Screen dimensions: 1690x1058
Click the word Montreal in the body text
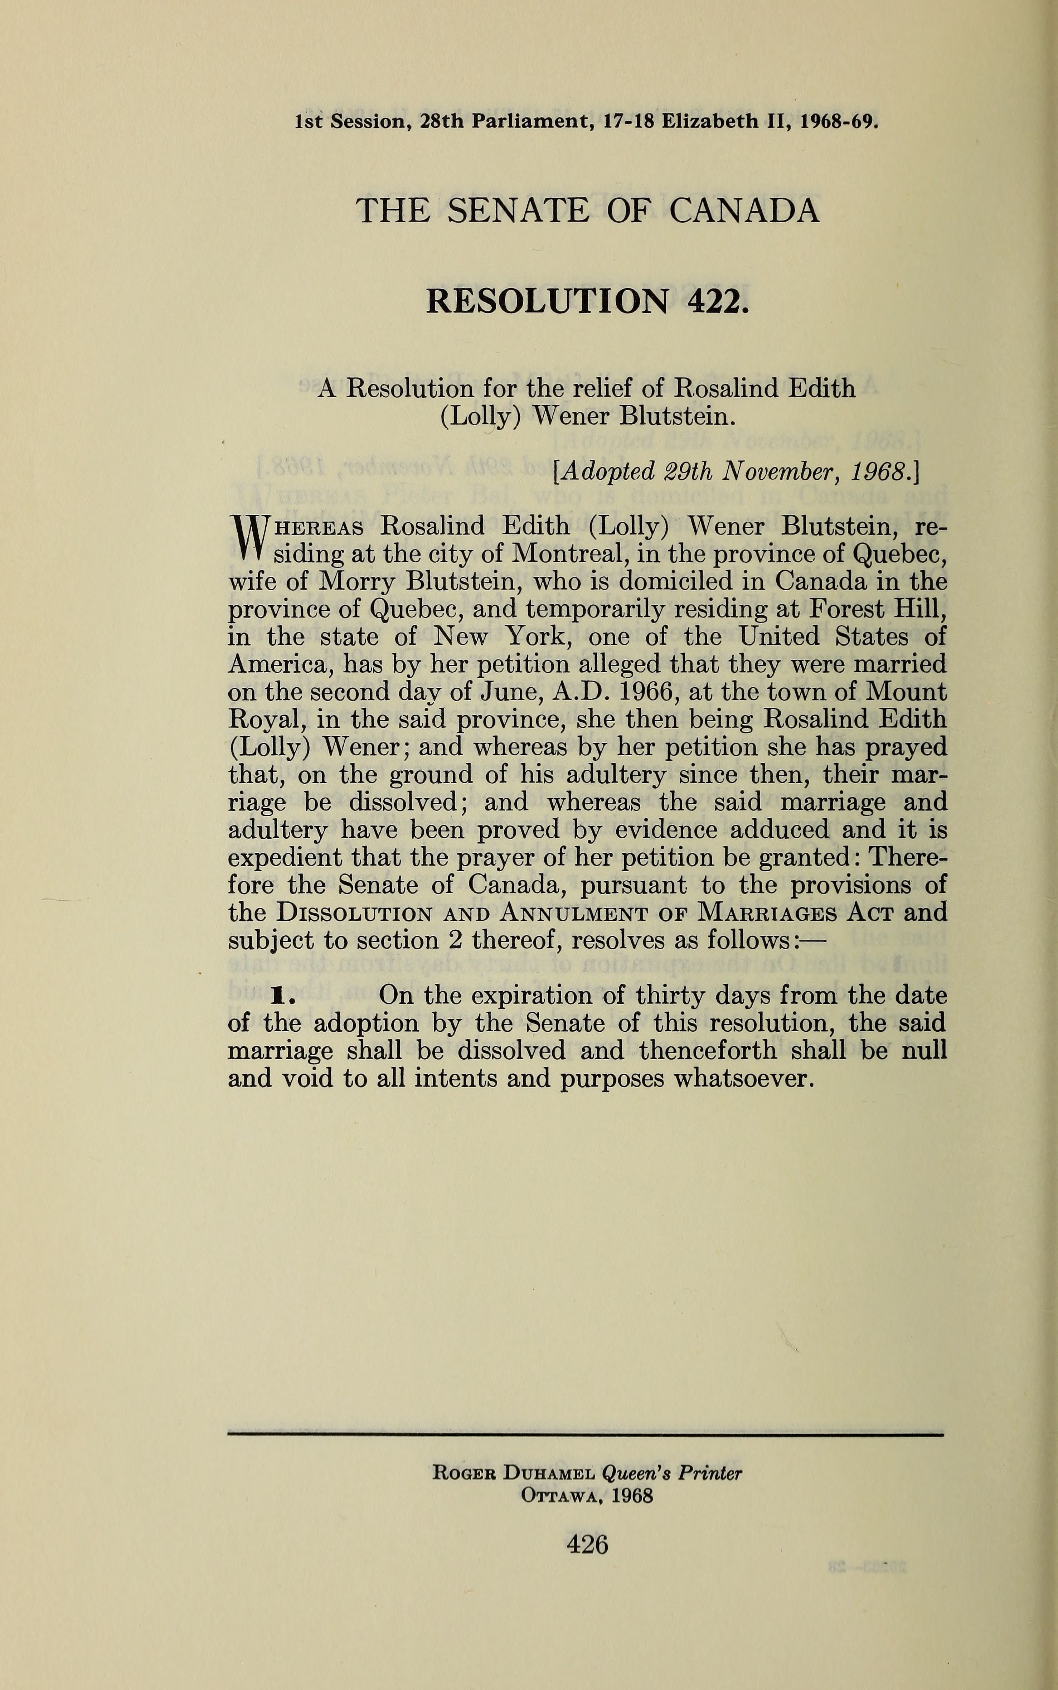coord(568,553)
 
